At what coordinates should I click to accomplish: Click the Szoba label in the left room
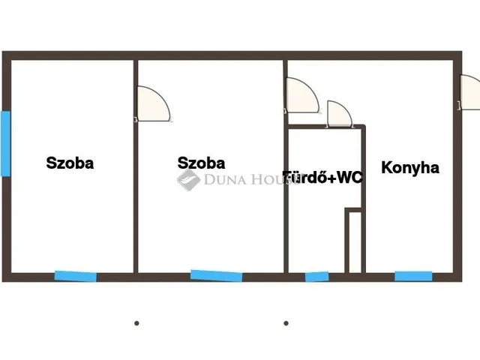coord(70,163)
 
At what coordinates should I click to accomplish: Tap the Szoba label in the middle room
coord(202,163)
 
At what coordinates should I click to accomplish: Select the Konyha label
coord(410,168)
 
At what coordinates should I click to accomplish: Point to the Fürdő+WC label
coord(322,177)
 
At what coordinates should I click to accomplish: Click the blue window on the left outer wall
coord(5,143)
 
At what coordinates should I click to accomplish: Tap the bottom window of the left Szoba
coord(76,277)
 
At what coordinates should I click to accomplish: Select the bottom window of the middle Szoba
coord(217,276)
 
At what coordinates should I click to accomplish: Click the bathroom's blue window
coord(316,277)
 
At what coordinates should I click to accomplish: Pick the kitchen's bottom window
coord(413,276)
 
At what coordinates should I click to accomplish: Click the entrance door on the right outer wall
coord(470,92)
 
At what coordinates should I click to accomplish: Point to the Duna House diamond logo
coord(188,180)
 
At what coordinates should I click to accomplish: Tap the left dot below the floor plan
coord(136,323)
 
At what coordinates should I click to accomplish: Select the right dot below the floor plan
coord(286,323)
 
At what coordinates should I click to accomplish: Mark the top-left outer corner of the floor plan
coord(2,52)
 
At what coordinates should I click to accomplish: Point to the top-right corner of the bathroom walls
coord(364,126)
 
